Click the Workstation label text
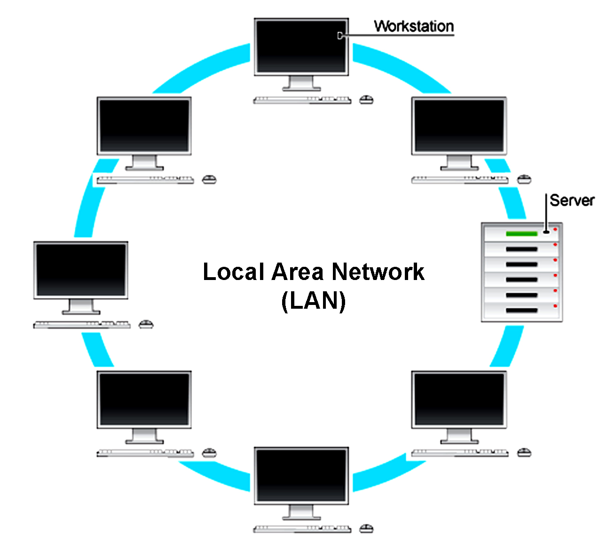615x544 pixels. (414, 26)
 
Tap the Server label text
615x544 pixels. (572, 200)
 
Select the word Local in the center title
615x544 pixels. (233, 272)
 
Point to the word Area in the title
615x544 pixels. (298, 272)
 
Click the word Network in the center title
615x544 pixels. (378, 272)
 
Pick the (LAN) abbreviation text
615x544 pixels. (314, 301)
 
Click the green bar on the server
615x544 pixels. (521, 234)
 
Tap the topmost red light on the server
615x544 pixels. (555, 230)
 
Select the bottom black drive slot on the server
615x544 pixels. (521, 311)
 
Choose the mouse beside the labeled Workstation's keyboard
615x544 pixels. (366, 100)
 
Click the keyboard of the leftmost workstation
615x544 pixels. (82, 325)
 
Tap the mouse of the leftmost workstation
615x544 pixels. (146, 324)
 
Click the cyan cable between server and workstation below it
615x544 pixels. (508, 346)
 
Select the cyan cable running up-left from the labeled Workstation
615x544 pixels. (202, 68)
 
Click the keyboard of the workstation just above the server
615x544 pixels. (459, 180)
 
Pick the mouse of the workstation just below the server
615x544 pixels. (524, 453)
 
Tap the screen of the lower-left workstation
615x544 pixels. (144, 400)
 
